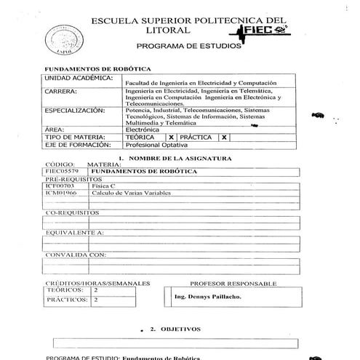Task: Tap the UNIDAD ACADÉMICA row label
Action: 79,77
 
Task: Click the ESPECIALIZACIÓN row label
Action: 75,111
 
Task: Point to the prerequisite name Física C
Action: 104,186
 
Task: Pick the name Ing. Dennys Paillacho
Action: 210,297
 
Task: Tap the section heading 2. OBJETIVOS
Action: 175,329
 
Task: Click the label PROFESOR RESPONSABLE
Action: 233,282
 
